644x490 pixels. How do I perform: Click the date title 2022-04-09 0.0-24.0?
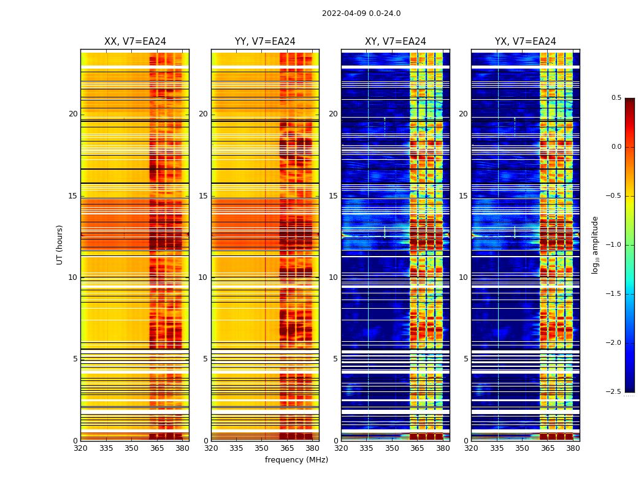click(x=361, y=13)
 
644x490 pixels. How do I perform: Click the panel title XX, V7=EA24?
click(x=135, y=42)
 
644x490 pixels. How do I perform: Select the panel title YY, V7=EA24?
click(x=265, y=42)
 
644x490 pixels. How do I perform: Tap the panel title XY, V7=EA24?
click(x=396, y=42)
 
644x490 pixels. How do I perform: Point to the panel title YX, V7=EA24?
click(x=526, y=42)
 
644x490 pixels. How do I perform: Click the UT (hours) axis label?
click(x=59, y=244)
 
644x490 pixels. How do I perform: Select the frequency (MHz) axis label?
click(x=296, y=460)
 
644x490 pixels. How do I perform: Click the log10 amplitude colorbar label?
click(x=595, y=244)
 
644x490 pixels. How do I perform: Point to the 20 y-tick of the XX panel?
click(x=73, y=114)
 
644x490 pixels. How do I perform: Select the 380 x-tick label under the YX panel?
click(x=573, y=448)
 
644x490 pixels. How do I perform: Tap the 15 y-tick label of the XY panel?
click(x=333, y=196)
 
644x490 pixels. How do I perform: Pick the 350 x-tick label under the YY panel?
click(x=262, y=448)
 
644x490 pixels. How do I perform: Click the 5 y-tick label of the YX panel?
click(x=466, y=359)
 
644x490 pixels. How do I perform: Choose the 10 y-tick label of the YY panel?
click(x=203, y=277)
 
